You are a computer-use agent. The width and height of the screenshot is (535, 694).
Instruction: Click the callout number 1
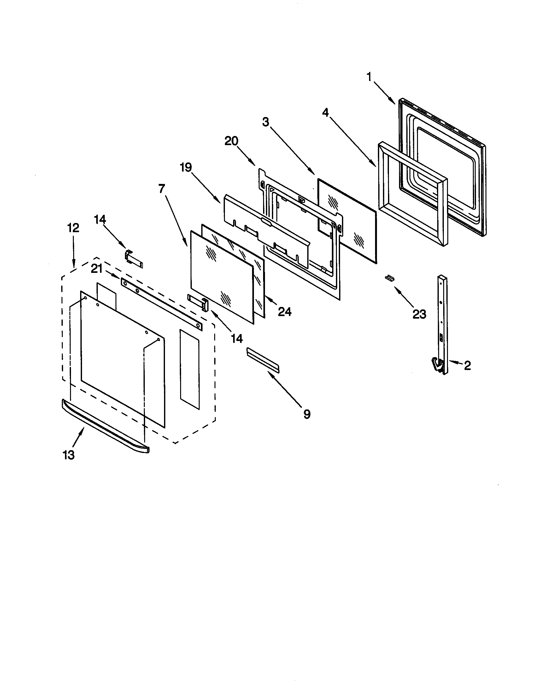click(369, 77)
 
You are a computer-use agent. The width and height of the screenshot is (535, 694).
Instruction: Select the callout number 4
click(325, 112)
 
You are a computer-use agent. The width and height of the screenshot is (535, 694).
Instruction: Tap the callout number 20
click(231, 141)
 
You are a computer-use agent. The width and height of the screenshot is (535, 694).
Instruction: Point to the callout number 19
click(186, 167)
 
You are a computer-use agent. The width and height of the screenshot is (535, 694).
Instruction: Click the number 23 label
click(419, 314)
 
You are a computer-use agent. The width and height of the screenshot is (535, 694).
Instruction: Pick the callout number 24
click(285, 312)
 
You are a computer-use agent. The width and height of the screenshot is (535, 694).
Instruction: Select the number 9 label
click(307, 414)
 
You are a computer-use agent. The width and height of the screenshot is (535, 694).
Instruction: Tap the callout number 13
click(69, 455)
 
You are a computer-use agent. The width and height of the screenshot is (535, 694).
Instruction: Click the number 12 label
click(73, 228)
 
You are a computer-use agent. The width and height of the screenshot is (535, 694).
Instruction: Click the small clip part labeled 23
click(390, 278)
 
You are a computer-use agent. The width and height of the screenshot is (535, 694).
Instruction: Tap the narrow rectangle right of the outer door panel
click(190, 368)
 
